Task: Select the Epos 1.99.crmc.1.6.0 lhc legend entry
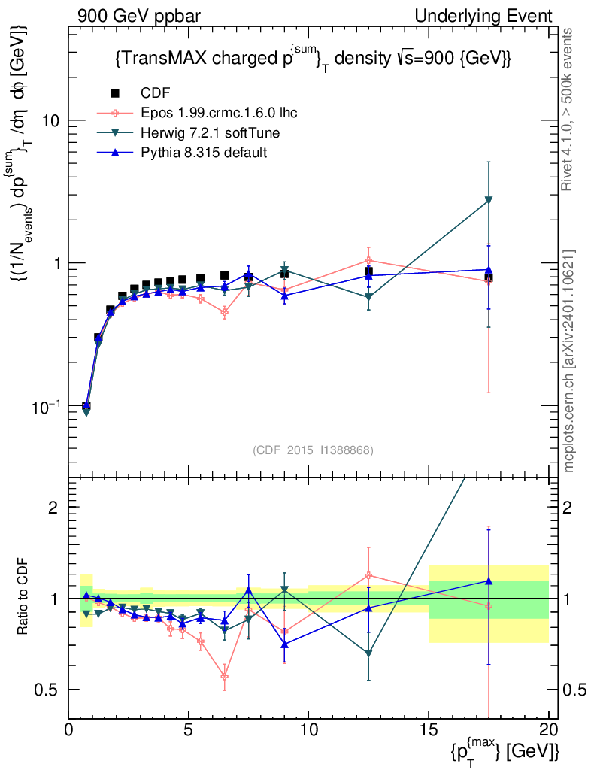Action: coord(219,114)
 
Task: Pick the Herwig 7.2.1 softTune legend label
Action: coord(211,133)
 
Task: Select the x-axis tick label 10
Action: coord(308,730)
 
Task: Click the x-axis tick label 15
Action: coord(429,730)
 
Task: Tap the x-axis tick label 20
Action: coord(549,730)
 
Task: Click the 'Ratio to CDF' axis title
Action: coord(24,598)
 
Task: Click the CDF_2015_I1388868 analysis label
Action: coord(313,450)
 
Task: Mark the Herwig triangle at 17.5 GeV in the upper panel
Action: coord(489,200)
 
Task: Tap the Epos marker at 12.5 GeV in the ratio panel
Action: coord(368,576)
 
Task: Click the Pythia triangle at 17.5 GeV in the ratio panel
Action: coord(489,581)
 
